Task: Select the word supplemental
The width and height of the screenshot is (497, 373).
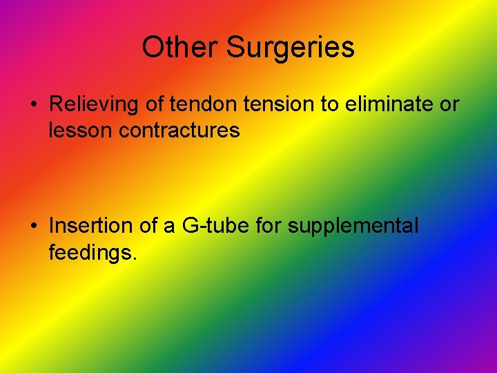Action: pyautogui.click(x=353, y=227)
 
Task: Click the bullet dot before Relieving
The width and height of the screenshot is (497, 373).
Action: pyautogui.click(x=33, y=105)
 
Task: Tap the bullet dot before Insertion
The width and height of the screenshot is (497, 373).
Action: pyautogui.click(x=33, y=226)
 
